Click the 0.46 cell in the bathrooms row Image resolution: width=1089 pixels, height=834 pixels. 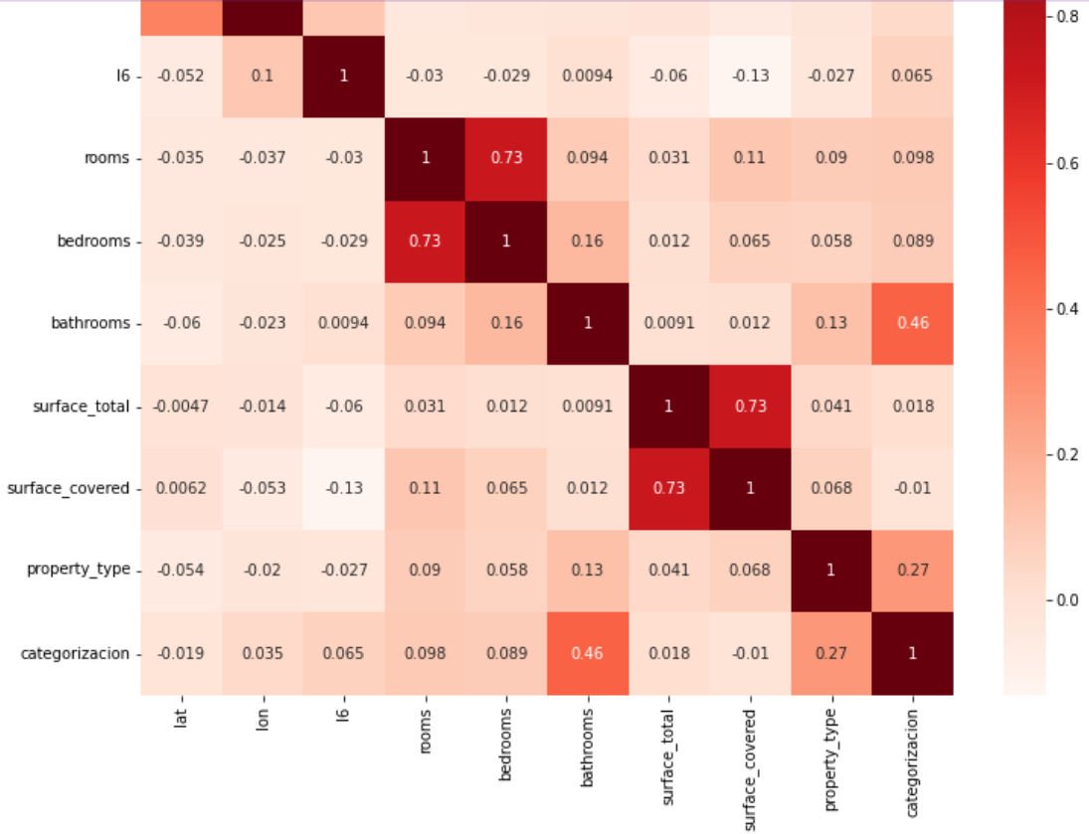912,323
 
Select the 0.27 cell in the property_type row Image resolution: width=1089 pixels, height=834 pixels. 912,570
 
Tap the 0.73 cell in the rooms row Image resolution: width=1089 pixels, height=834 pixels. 505,158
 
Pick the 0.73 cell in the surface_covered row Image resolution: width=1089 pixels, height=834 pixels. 668,488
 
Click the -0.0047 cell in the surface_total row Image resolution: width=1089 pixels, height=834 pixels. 181,406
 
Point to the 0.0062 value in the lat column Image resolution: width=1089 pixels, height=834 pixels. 181,488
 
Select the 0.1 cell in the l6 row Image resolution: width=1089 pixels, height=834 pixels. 263,77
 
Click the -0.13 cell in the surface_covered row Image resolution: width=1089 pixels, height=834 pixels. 343,488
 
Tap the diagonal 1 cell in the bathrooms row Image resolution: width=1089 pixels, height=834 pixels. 587,323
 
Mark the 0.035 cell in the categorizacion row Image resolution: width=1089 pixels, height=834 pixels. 263,653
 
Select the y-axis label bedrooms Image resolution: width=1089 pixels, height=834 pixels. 96,242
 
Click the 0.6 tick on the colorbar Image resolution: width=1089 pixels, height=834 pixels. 1070,163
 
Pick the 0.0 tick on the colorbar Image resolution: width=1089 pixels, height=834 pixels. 1070,599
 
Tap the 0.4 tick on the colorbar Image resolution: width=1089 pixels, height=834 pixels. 1070,308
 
